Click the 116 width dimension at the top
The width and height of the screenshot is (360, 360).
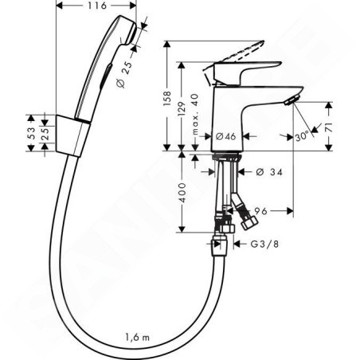point(97,6)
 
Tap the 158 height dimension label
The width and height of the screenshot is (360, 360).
point(167,99)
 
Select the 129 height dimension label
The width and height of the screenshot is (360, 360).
point(182,108)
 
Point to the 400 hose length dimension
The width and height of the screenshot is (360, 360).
point(182,192)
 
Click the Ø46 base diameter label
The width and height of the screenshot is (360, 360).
point(225,136)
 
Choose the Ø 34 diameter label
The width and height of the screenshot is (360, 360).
point(269,172)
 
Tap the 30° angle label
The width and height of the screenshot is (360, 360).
point(302,137)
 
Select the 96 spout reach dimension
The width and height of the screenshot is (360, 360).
point(261,211)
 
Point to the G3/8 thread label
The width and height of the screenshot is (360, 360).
point(265,244)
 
